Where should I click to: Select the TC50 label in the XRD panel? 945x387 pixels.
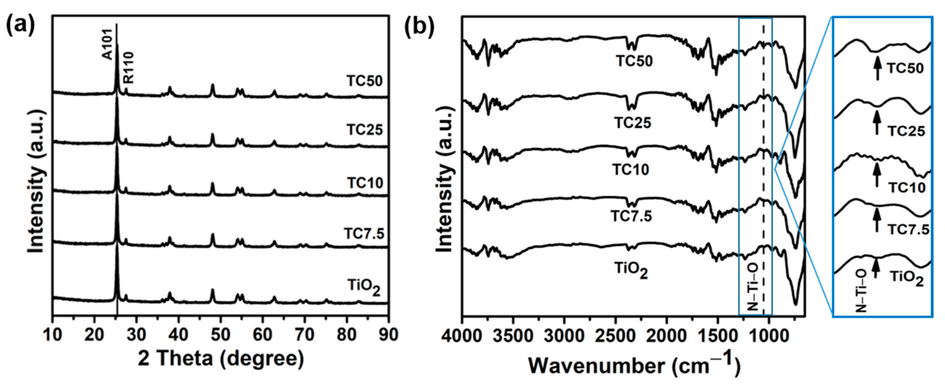(x=364, y=81)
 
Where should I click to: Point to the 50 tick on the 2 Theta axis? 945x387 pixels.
(x=220, y=334)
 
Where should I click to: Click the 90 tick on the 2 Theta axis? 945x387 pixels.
(x=388, y=334)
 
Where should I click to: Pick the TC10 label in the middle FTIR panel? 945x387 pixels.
(x=631, y=170)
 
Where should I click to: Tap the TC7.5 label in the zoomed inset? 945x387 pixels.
(x=908, y=229)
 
